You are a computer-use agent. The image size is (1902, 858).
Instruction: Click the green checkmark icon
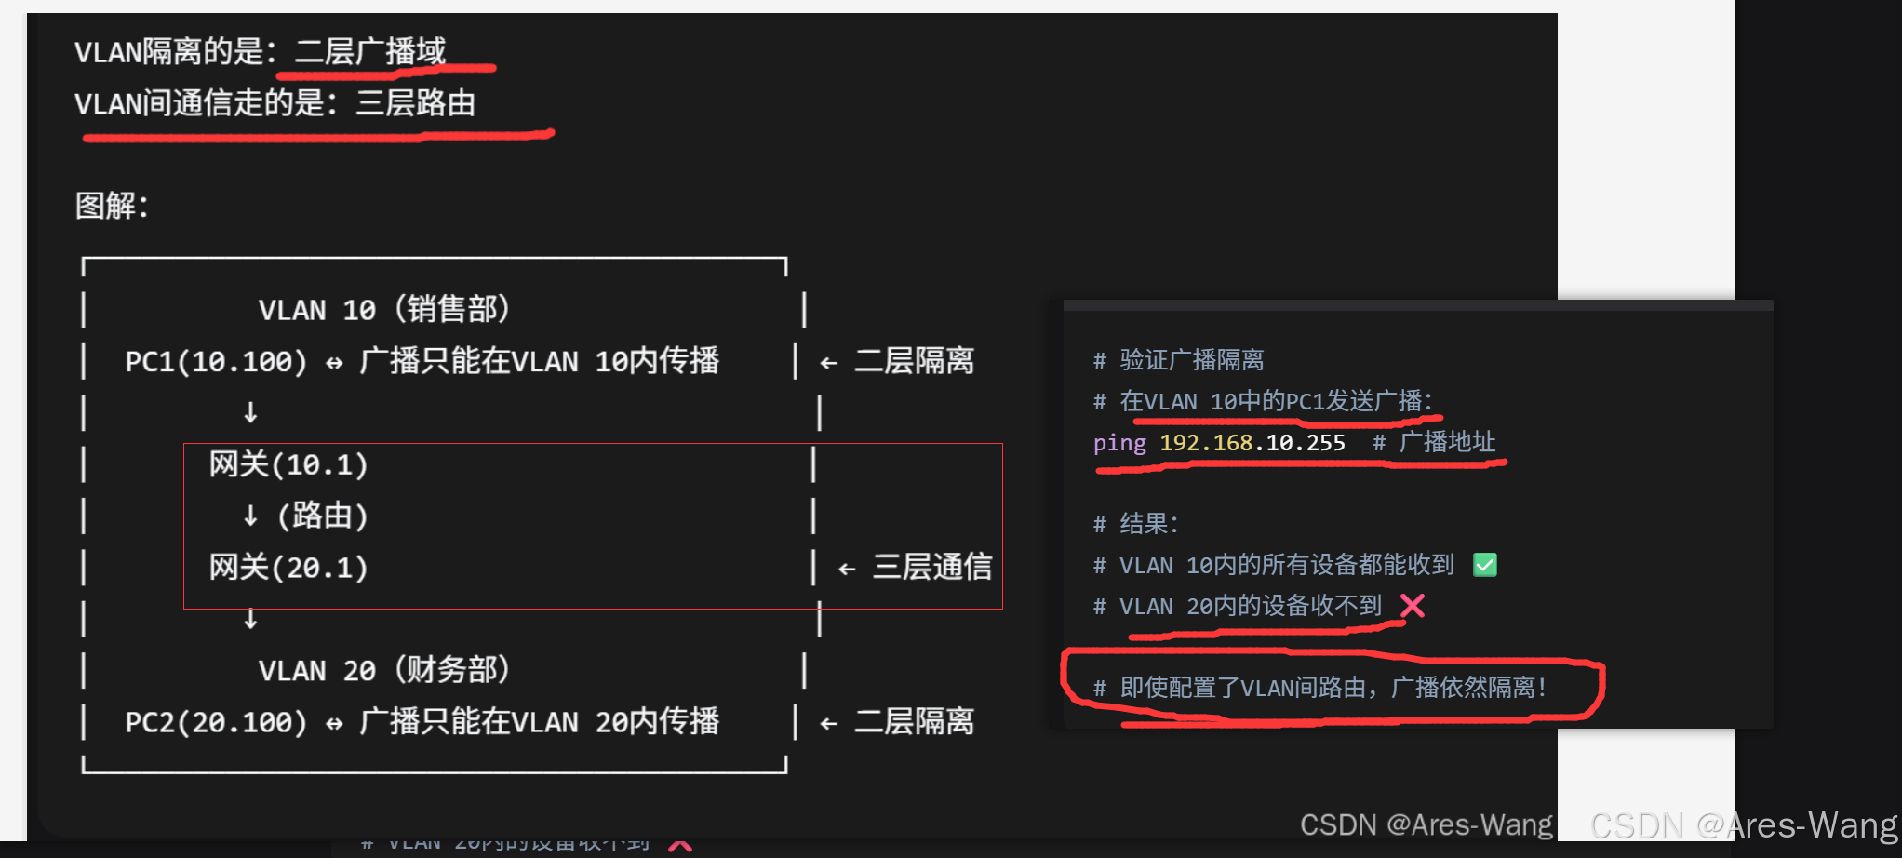(x=1485, y=565)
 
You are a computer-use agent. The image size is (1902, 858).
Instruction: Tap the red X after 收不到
(x=1413, y=606)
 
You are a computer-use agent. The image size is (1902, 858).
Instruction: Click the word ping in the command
(x=1119, y=443)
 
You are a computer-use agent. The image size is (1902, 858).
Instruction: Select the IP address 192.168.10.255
(x=1252, y=443)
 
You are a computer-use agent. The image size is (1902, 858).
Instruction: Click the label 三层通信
(x=931, y=567)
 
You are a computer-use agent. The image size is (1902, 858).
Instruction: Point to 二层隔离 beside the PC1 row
(x=914, y=361)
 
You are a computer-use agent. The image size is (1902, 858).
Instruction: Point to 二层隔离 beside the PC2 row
(x=914, y=721)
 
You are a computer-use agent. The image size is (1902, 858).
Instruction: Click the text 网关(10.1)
(x=288, y=464)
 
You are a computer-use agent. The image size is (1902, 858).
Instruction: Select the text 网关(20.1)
(x=288, y=567)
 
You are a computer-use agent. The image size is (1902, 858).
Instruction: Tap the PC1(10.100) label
(x=216, y=361)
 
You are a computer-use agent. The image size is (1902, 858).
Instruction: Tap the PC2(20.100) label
(x=216, y=722)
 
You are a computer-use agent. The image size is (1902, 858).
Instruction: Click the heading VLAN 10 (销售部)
(x=383, y=309)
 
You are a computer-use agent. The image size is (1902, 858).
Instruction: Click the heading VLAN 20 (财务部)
(x=383, y=670)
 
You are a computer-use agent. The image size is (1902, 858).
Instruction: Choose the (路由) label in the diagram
(x=322, y=516)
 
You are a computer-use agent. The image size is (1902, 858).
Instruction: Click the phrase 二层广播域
(x=370, y=51)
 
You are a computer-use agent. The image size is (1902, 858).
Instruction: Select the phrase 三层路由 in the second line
(x=415, y=102)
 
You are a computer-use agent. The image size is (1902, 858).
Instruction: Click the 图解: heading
(x=112, y=206)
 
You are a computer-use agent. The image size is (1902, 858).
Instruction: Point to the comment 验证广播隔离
(x=1191, y=360)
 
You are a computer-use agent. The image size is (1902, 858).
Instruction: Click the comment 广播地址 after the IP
(x=1447, y=443)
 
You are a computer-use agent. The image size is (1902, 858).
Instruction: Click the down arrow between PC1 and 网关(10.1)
(x=250, y=412)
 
